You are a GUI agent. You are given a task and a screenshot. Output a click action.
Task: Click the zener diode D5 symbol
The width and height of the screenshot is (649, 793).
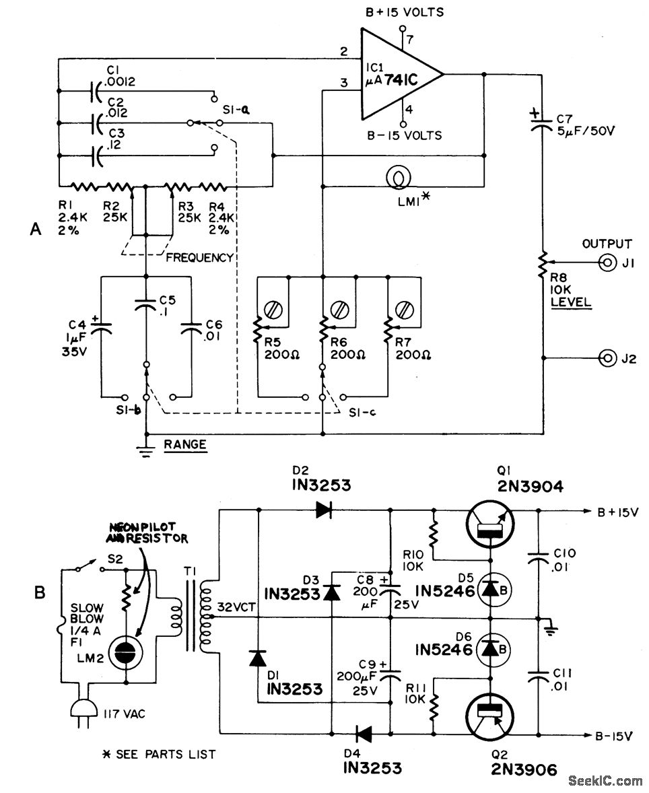pyautogui.click(x=489, y=590)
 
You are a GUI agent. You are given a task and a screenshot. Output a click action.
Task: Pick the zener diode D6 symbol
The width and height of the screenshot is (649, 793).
pyautogui.click(x=489, y=648)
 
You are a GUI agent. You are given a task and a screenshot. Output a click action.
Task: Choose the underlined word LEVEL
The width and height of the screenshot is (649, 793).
pyautogui.click(x=571, y=302)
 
